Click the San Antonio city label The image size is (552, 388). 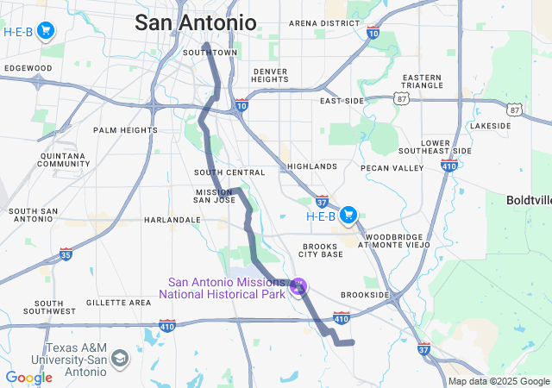pyautogui.click(x=195, y=22)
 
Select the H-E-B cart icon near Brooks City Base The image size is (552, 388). pyautogui.click(x=349, y=215)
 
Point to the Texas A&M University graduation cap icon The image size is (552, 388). pyautogui.click(x=119, y=358)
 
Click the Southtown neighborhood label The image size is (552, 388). pyautogui.click(x=210, y=53)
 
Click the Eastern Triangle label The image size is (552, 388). pyautogui.click(x=423, y=82)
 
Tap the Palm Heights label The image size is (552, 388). pyautogui.click(x=125, y=130)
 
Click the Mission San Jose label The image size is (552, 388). pyautogui.click(x=215, y=195)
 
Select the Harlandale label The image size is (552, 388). pyautogui.click(x=172, y=220)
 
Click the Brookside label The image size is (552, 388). pyautogui.click(x=366, y=294)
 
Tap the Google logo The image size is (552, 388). pyautogui.click(x=28, y=378)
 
